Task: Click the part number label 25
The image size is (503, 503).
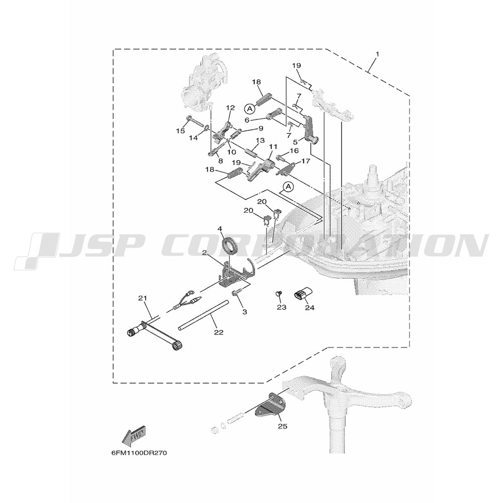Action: click(x=283, y=427)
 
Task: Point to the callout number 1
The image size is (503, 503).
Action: click(x=377, y=54)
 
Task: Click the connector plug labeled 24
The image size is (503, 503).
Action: click(x=303, y=294)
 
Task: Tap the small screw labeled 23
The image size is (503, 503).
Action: click(x=279, y=293)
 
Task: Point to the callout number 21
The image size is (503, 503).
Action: click(x=143, y=298)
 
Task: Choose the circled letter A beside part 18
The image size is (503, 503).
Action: click(x=249, y=109)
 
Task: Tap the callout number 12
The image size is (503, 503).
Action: click(x=231, y=108)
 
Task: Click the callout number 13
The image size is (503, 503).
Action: click(x=260, y=140)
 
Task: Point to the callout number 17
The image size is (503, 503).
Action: click(x=306, y=161)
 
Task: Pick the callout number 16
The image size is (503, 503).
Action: click(x=294, y=151)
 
